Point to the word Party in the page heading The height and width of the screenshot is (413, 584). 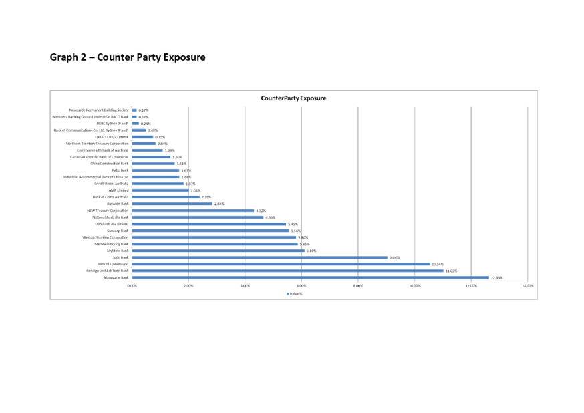(x=152, y=57)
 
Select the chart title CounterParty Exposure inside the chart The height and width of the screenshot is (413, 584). (x=293, y=98)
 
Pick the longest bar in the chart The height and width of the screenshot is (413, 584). (x=310, y=277)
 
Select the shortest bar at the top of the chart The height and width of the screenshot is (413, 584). (x=134, y=110)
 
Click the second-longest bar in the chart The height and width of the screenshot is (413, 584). (x=287, y=271)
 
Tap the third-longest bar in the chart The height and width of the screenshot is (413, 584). (x=281, y=264)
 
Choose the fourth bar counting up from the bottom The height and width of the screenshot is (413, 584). (x=260, y=257)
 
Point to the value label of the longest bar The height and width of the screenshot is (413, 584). (x=496, y=277)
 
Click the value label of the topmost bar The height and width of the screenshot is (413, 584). (x=144, y=110)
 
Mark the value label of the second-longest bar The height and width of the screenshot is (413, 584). (x=450, y=271)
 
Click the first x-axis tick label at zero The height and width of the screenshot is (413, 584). (x=132, y=286)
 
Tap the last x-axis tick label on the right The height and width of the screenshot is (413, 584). (x=527, y=286)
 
